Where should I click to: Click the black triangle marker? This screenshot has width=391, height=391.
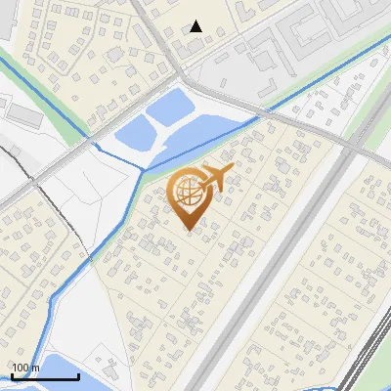pyautogui.click(x=196, y=26)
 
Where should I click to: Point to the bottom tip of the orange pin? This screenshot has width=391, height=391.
pyautogui.click(x=189, y=230)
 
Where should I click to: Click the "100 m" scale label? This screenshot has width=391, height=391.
pyautogui.click(x=25, y=368)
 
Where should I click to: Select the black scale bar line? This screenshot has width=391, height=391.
pyautogui.click(x=44, y=375)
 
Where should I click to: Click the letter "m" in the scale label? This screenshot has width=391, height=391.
pyautogui.click(x=35, y=368)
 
